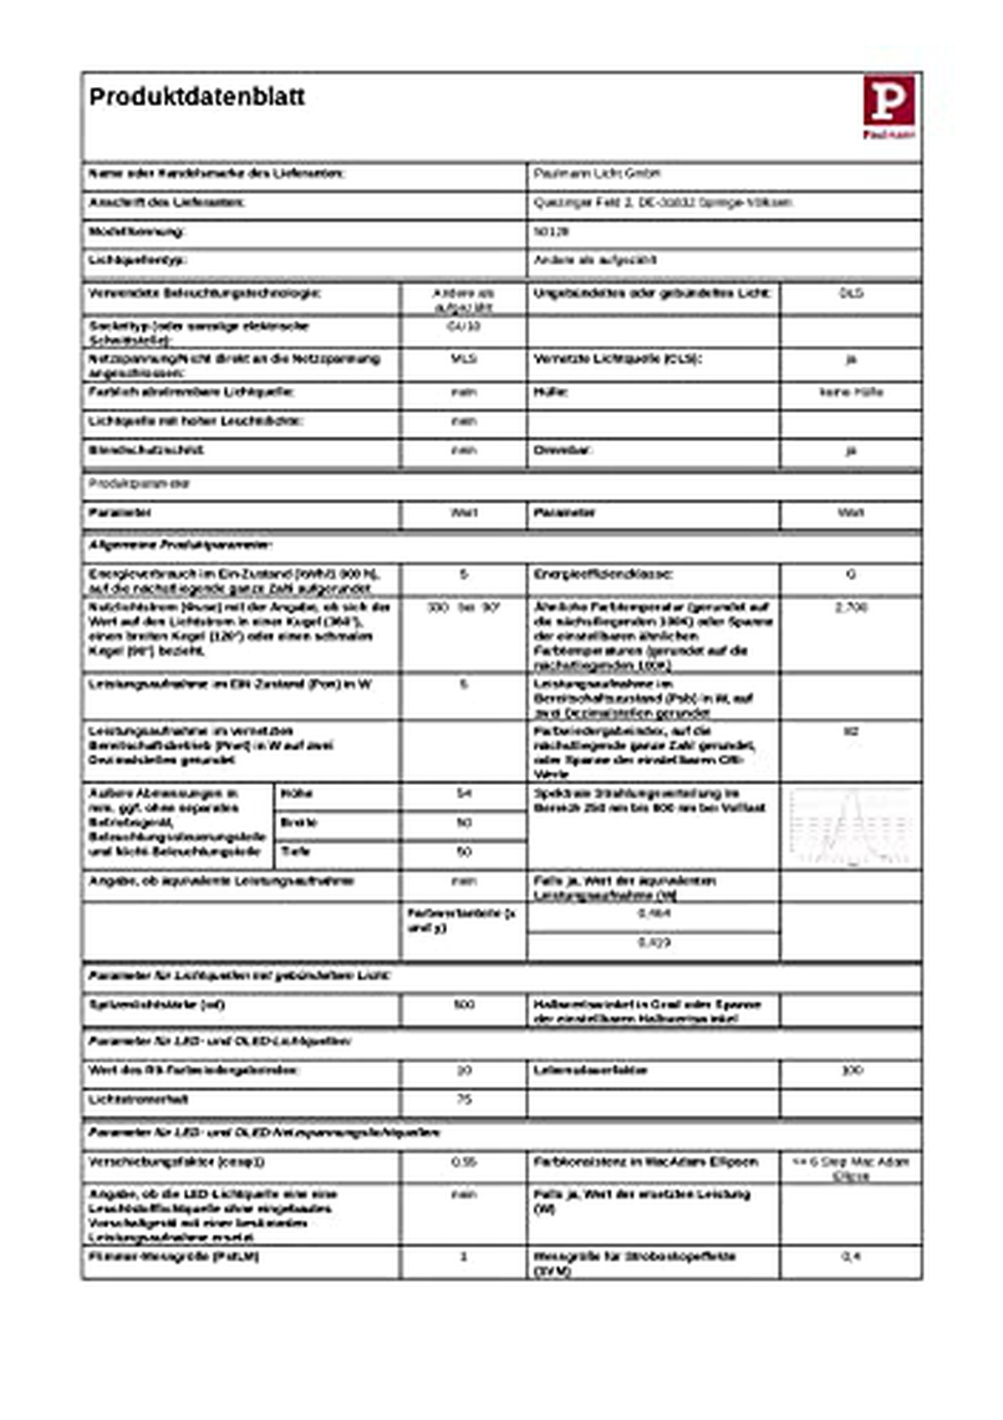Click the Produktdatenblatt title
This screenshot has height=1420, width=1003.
click(x=196, y=97)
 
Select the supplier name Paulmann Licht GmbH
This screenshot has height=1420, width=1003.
click(x=597, y=173)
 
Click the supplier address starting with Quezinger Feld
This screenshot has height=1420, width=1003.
click(x=662, y=202)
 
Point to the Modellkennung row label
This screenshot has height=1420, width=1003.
click(x=136, y=232)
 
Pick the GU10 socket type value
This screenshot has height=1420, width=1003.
click(x=464, y=326)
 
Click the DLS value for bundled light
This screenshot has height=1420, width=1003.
click(x=851, y=293)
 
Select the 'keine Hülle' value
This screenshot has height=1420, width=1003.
click(x=851, y=391)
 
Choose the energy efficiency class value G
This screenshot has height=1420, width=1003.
click(x=851, y=574)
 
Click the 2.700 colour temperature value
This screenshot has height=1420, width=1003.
click(x=851, y=607)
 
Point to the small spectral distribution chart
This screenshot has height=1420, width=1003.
click(x=850, y=826)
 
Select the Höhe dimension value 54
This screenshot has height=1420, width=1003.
click(x=464, y=793)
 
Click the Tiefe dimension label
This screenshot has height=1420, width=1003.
click(x=296, y=852)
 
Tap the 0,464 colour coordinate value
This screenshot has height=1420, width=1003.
click(x=654, y=914)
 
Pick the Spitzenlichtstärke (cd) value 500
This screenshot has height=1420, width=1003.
click(x=464, y=1004)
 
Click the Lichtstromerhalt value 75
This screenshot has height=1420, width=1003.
click(x=464, y=1099)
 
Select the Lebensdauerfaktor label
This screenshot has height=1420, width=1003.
click(x=590, y=1070)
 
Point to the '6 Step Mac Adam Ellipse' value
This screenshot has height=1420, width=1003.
click(x=851, y=1168)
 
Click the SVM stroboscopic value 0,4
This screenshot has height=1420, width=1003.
click(x=851, y=1257)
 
